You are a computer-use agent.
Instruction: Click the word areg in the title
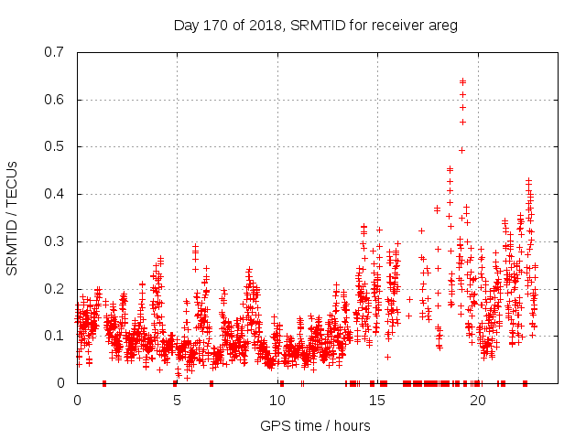pos(441,25)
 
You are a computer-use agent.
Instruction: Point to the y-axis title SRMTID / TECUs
pos(12,218)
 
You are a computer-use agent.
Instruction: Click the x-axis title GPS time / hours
pos(315,425)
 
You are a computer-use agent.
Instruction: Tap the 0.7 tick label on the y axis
pos(57,52)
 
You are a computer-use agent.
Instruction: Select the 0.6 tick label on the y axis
pos(57,100)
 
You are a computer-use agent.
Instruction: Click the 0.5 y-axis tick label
pos(57,146)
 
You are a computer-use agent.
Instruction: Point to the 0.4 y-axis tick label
pos(57,194)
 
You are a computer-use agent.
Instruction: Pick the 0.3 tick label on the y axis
pos(57,241)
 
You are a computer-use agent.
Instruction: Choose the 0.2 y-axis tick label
pos(57,289)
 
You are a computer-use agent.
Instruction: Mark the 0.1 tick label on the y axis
pos(57,336)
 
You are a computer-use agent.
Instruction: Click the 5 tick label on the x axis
pos(177,401)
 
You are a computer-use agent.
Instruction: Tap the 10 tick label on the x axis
pos(277,401)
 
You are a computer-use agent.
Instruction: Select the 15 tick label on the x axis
pos(377,401)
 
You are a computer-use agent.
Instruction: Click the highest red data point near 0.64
pos(462,81)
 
